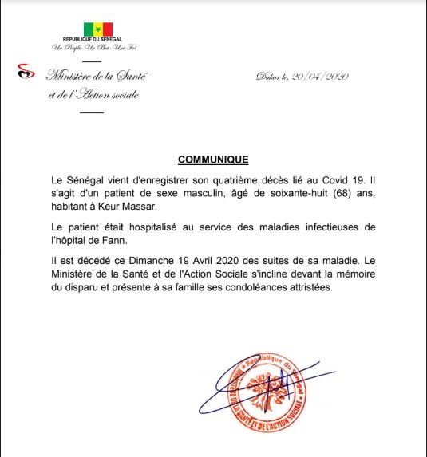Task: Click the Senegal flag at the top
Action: click(x=97, y=30)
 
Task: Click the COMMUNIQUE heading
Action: click(x=212, y=160)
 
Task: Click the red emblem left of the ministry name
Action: click(x=27, y=73)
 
